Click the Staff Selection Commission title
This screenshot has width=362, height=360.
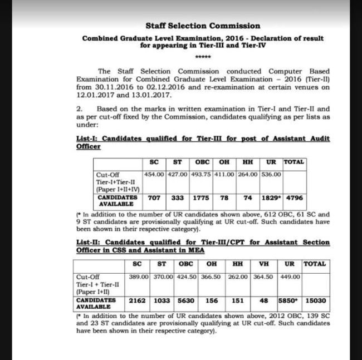202,26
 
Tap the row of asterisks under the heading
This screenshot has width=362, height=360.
202,58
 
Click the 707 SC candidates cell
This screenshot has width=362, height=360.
154,198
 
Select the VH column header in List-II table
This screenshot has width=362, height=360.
264,264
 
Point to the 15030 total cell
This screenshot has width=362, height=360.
314,301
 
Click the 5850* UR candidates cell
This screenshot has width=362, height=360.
289,301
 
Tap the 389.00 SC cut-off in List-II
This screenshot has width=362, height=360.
138,277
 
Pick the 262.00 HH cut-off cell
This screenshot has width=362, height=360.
238,277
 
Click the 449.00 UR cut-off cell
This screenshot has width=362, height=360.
289,277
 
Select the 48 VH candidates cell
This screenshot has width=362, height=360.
264,301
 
